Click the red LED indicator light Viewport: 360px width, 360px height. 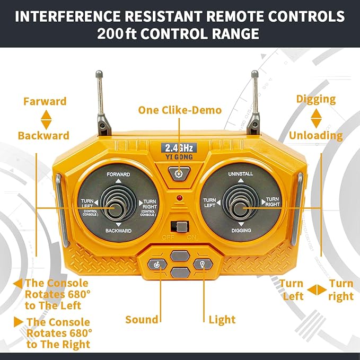pyautogui.click(x=180, y=198)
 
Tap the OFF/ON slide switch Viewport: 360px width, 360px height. pyautogui.click(x=180, y=226)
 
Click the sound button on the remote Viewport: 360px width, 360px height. pyautogui.click(x=157, y=265)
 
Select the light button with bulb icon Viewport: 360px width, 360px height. pyautogui.click(x=203, y=264)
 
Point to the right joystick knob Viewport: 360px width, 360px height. pyautogui.click(x=240, y=208)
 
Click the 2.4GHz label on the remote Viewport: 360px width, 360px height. pyautogui.click(x=179, y=148)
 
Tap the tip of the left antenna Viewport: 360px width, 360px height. pyautogui.click(x=99, y=74)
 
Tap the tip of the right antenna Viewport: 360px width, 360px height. pyautogui.click(x=254, y=74)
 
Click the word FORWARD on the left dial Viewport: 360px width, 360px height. pyautogui.click(x=118, y=174)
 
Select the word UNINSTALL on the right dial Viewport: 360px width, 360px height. pyautogui.click(x=241, y=174)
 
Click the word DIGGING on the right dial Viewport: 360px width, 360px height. pyautogui.click(x=241, y=230)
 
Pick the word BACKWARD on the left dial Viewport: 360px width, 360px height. pyautogui.click(x=118, y=231)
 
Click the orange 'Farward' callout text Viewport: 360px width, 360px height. pyautogui.click(x=45, y=101)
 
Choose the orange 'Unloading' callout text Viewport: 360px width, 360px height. pyautogui.click(x=316, y=135)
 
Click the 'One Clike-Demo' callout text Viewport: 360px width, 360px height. pyautogui.click(x=180, y=110)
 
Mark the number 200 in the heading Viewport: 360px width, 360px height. pyautogui.click(x=110, y=33)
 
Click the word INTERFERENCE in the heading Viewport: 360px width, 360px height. pyautogui.click(x=68, y=16)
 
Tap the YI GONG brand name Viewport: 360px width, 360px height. pyautogui.click(x=179, y=157)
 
